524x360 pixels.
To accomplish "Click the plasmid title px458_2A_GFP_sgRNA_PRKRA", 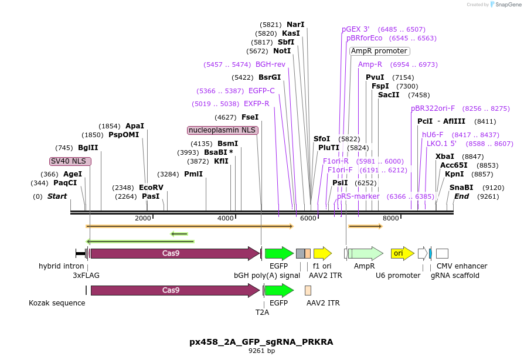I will pos(261,342).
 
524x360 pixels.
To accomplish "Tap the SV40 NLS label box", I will pos(70,161).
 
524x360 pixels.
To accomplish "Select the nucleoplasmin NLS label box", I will pos(222,130).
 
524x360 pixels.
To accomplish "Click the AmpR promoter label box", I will pos(379,51).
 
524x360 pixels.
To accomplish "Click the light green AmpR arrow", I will pos(366,253).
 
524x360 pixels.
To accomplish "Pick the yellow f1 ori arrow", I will pos(322,253).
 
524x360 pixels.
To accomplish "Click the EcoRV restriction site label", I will pos(151,188).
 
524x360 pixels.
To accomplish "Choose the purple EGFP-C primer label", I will pos(261,91).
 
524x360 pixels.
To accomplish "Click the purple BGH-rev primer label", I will pos(270,64).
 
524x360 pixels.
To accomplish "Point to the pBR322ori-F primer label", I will pos(433,108).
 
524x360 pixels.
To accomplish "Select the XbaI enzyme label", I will pos(445,157).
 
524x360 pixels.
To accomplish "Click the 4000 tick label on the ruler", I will pos(226,218).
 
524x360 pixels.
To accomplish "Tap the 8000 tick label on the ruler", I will pos(391,218).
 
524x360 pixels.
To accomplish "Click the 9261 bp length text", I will pos(261,351).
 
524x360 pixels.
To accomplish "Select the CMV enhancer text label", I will pos(462,266).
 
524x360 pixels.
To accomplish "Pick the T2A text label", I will pos(262,313).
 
